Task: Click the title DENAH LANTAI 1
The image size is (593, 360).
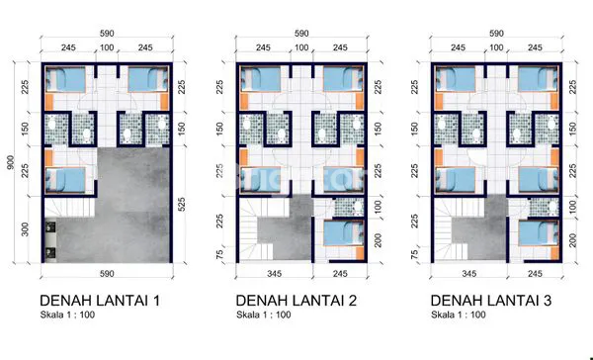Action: (100, 301)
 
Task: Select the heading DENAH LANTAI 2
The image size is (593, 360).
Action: (296, 301)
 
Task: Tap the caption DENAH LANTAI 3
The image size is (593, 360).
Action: (491, 301)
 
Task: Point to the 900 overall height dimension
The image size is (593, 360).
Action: (11, 162)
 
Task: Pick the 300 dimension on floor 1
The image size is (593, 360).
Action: (25, 229)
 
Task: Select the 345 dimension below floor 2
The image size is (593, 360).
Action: (274, 273)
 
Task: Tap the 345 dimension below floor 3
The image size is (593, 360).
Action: (468, 273)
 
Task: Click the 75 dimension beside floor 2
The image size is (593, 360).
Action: (219, 252)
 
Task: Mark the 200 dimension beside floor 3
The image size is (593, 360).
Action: (572, 240)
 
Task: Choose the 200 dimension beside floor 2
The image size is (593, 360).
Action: (378, 240)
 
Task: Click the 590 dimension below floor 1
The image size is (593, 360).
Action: (107, 273)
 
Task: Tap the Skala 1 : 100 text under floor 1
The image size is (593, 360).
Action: (67, 315)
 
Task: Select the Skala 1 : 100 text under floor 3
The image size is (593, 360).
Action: (459, 315)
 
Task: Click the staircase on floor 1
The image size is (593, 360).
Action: (69, 208)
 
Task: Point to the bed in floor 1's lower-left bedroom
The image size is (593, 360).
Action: (65, 180)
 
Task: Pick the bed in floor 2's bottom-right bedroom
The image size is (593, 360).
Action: (344, 233)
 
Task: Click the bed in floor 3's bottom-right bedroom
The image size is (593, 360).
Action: (539, 233)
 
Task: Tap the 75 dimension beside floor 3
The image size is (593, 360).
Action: (414, 252)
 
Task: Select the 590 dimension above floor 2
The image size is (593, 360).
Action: (301, 34)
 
